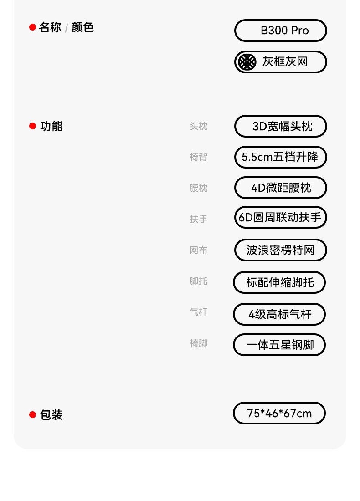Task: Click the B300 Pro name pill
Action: coord(281,31)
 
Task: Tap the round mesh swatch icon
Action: coord(247,62)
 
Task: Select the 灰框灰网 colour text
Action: coord(285,62)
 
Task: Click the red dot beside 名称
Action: coord(32,27)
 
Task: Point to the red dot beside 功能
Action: coord(32,126)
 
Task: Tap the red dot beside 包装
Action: coord(32,414)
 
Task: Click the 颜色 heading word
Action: coord(82,27)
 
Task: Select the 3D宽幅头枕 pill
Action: coord(281,126)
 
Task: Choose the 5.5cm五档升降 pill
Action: coord(281,157)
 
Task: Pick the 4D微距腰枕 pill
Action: coord(281,188)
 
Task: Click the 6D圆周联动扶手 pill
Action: coord(281,218)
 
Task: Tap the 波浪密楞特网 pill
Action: coord(281,250)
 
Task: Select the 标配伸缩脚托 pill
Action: coord(279,282)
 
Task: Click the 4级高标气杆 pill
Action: coord(279,314)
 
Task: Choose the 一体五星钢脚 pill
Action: coord(279,345)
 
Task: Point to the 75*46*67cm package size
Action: coord(279,413)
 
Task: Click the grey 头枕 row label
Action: coord(198,126)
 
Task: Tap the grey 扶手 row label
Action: coord(198,219)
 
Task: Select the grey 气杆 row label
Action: coord(198,312)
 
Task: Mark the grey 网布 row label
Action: coord(198,250)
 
